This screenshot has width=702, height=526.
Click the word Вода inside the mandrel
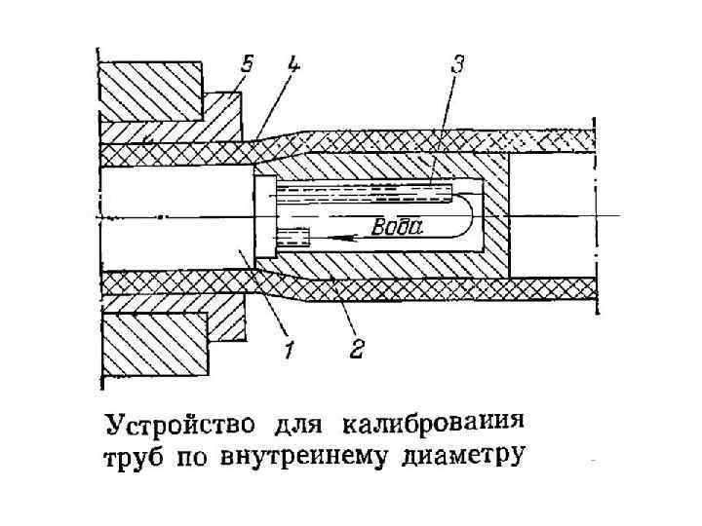click(x=398, y=227)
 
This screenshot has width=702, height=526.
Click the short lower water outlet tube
click(x=292, y=236)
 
